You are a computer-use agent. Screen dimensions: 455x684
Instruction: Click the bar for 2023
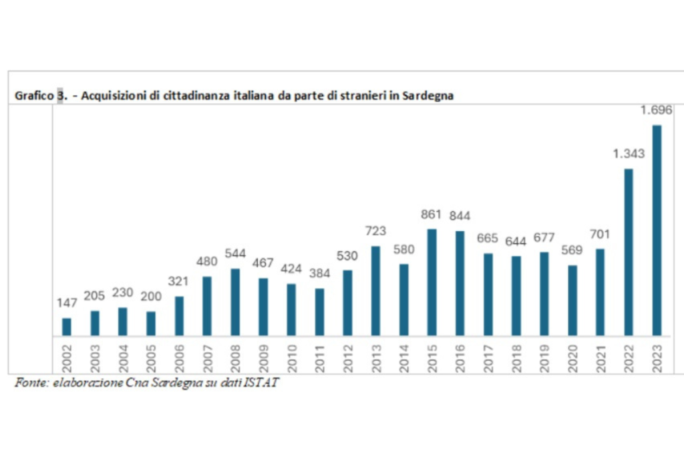pyautogui.click(x=657, y=230)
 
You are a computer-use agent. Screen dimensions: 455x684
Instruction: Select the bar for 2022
pyautogui.click(x=629, y=252)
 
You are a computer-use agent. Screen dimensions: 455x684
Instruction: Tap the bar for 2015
pyautogui.click(x=432, y=282)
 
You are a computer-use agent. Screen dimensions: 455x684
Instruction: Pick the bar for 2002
pyautogui.click(x=67, y=327)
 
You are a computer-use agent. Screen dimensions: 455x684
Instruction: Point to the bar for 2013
pyautogui.click(x=375, y=291)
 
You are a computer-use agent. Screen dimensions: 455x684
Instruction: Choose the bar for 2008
pyautogui.click(x=235, y=302)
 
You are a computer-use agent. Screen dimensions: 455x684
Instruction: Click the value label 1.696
pyautogui.click(x=656, y=110)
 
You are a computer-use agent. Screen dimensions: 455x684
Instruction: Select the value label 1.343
pyautogui.click(x=629, y=154)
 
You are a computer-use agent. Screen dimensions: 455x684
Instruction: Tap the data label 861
pyautogui.click(x=432, y=215)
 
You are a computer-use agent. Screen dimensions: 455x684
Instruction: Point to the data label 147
pyautogui.click(x=67, y=303)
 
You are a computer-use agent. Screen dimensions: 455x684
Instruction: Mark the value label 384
pyautogui.click(x=319, y=274)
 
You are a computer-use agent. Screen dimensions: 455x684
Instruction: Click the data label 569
pyautogui.click(x=572, y=251)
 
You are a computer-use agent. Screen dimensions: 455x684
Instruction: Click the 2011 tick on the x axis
pyautogui.click(x=319, y=353)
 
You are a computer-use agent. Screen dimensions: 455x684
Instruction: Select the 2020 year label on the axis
pyautogui.click(x=572, y=353)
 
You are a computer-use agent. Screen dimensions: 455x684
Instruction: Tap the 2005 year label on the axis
pyautogui.click(x=151, y=353)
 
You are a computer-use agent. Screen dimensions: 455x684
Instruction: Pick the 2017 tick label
pyautogui.click(x=488, y=353)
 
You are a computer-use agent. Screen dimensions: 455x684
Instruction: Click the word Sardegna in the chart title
pyautogui.click(x=429, y=96)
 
